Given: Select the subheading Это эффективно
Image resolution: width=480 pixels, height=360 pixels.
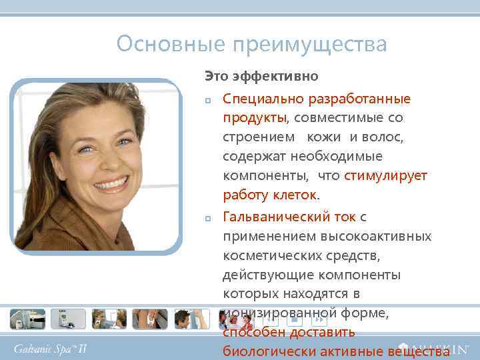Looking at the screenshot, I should pyautogui.click(x=261, y=77).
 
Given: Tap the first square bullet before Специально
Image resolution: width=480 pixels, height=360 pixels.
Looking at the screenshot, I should pyautogui.click(x=208, y=100).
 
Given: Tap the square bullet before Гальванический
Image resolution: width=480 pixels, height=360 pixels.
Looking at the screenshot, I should pyautogui.click(x=208, y=218).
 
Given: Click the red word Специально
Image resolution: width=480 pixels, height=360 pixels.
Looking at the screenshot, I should pyautogui.click(x=262, y=99).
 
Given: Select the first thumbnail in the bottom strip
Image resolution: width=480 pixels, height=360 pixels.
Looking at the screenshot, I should pyautogui.click(x=27, y=319).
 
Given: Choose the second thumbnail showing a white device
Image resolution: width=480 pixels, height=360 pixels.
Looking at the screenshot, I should pyautogui.click(x=68, y=319).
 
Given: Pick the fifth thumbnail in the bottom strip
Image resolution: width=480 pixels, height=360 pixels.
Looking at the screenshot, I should pyautogui.click(x=191, y=319).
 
